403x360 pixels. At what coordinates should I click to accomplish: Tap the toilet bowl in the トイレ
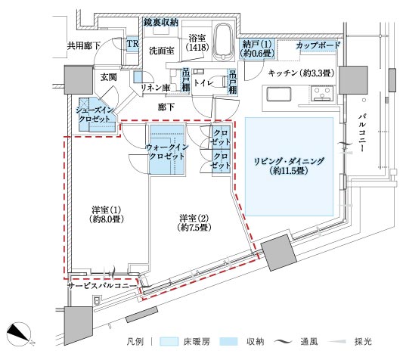click(219, 81)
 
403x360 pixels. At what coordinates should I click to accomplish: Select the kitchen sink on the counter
click(279, 95)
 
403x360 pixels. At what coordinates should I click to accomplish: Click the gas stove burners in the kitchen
click(322, 93)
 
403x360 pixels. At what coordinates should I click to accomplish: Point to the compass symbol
click(19, 334)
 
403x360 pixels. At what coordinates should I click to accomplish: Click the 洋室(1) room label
click(107, 214)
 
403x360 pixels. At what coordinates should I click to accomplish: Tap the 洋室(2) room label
click(194, 222)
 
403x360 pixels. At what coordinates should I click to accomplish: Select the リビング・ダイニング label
click(289, 166)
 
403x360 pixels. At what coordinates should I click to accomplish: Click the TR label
click(132, 44)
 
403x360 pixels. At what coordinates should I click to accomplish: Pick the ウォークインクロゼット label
click(167, 152)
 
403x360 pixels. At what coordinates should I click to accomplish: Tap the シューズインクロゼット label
click(94, 115)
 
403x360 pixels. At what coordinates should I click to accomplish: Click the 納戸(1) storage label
click(257, 48)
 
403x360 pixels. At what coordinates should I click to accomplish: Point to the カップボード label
click(318, 46)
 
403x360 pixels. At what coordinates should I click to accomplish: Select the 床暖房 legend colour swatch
click(169, 342)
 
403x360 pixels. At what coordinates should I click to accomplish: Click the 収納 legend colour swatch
click(229, 342)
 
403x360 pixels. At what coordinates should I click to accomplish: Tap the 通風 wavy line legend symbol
click(284, 342)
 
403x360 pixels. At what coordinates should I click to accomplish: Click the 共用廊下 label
click(83, 46)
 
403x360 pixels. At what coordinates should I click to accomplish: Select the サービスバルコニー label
click(101, 286)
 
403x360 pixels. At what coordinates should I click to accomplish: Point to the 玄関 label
click(108, 76)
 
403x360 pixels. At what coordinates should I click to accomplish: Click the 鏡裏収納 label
click(161, 23)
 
